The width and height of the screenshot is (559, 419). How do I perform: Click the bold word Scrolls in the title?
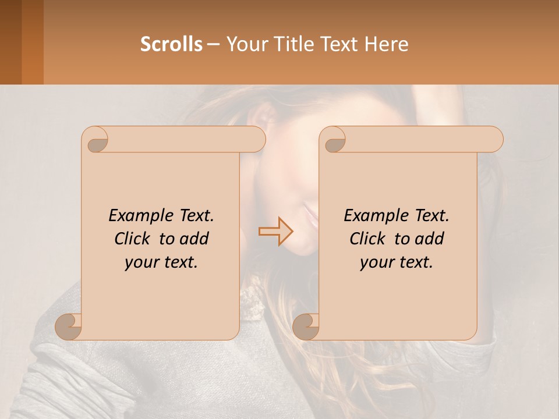tap(171, 44)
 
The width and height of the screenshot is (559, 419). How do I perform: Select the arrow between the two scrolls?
tap(275, 231)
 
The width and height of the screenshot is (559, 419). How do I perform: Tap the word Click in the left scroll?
tap(135, 239)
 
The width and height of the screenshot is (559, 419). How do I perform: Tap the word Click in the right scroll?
tap(370, 239)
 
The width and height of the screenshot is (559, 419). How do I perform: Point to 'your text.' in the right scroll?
tap(397, 262)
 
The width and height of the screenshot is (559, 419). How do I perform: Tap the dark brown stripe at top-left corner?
tap(10, 42)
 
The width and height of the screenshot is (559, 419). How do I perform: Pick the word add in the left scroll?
tap(194, 239)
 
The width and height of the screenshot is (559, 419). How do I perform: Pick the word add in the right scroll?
tap(430, 239)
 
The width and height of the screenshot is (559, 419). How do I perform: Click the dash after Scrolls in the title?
tap(213, 45)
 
